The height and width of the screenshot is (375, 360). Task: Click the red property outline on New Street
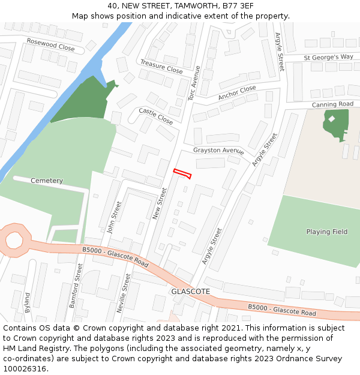(182, 174)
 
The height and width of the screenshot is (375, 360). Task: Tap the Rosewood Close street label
(50, 44)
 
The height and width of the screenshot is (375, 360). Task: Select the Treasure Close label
(161, 67)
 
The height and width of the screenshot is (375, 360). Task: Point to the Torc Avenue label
(193, 83)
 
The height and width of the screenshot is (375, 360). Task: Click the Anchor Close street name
(237, 93)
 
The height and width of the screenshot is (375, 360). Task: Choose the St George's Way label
(328, 57)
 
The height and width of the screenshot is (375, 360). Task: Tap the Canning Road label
(332, 104)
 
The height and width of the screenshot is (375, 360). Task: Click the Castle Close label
(155, 116)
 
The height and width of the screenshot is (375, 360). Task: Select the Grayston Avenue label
(218, 151)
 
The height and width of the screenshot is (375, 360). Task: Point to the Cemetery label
(46, 181)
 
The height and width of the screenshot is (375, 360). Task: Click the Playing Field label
(326, 232)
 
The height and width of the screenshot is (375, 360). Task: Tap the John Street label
(114, 217)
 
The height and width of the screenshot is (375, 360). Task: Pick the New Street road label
(160, 203)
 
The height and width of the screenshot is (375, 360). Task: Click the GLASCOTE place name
(190, 291)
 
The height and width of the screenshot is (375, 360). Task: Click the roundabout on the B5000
(14, 241)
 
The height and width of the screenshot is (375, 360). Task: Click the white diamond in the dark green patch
(331, 118)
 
